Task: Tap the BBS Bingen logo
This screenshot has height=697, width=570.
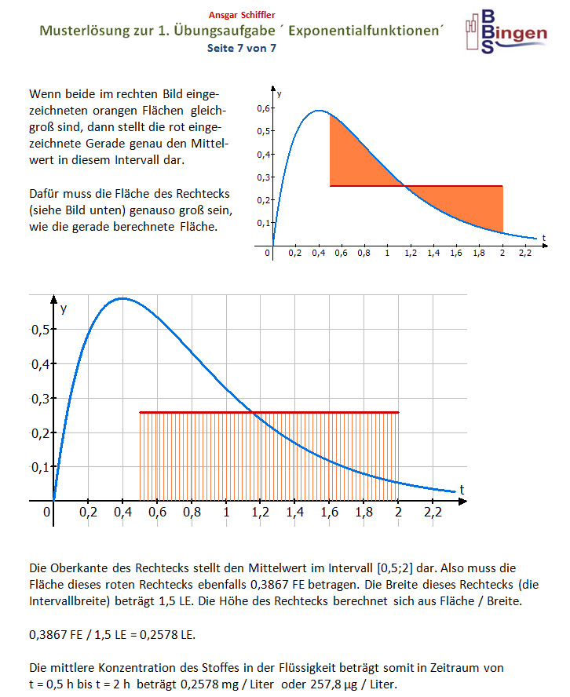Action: [x=505, y=31]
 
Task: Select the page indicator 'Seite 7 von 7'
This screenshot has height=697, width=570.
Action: [x=241, y=48]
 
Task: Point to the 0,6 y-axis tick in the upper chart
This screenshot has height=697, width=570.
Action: [x=263, y=108]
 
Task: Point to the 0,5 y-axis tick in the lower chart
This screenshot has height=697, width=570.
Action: [x=41, y=329]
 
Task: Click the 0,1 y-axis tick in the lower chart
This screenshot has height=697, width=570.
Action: [x=41, y=467]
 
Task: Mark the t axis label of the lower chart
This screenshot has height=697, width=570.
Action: [x=462, y=489]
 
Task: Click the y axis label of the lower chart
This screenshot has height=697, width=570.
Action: [x=64, y=308]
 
